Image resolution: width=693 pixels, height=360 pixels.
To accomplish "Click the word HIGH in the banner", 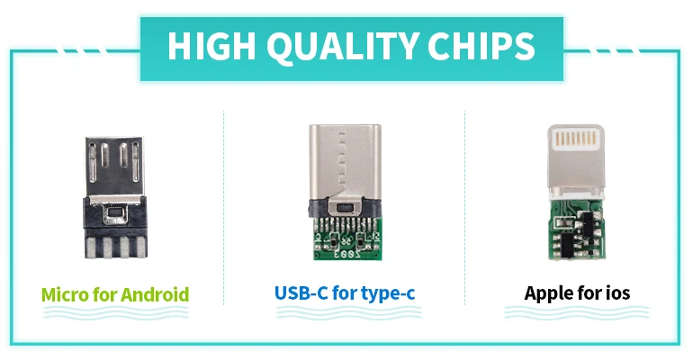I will pos(209,46).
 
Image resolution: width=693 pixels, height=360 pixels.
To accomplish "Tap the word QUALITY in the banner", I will pos(337,46).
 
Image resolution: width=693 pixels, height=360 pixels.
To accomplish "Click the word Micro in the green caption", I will pos(66,293).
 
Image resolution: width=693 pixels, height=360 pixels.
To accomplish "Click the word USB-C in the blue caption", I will pos(295,293).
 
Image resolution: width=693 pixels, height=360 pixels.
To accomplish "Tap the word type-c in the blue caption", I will pos(385,293).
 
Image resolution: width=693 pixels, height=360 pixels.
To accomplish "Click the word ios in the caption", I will pos(616,293).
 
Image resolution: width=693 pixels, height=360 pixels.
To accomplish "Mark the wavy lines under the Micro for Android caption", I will pos(115,313).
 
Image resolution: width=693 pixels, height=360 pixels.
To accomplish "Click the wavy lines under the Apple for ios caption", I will pos(577,313).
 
